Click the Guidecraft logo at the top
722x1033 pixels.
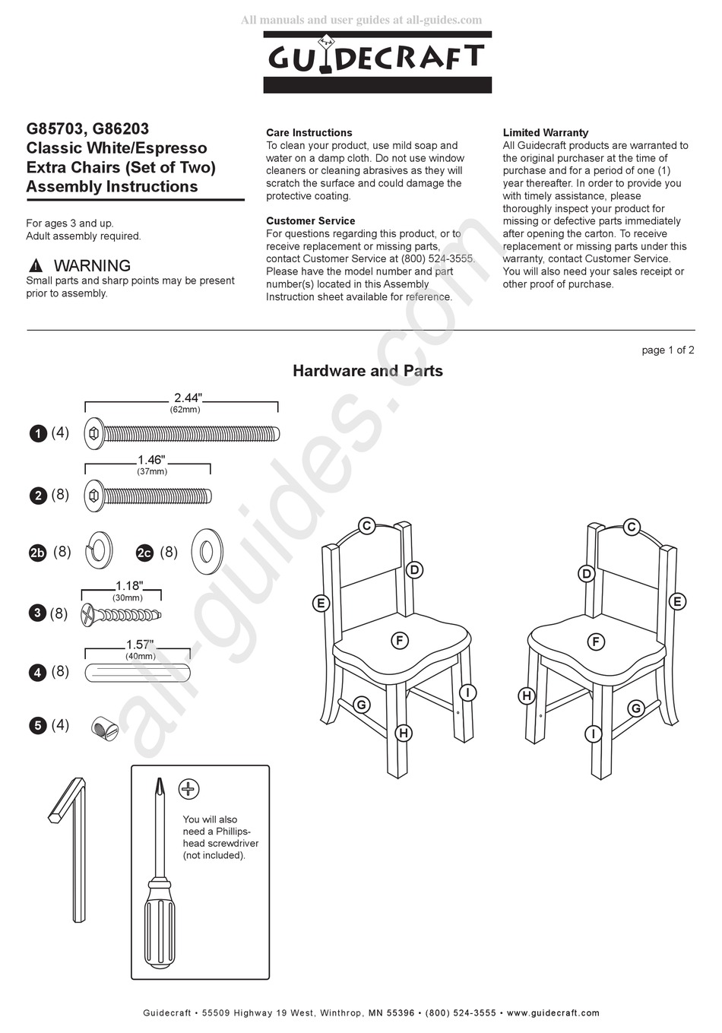coord(377,61)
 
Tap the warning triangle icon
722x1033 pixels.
coord(36,266)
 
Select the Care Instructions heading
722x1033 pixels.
coord(309,132)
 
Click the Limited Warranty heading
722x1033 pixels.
coord(545,132)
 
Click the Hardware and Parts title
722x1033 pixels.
coord(368,371)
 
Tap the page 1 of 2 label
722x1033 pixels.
coord(667,350)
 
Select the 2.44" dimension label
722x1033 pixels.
coord(188,398)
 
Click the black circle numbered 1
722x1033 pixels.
coord(38,434)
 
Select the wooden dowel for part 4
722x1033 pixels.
coord(139,673)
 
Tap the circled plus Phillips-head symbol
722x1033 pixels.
coord(188,789)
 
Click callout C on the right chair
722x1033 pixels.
coord(631,527)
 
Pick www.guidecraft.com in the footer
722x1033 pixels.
coord(553,1012)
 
